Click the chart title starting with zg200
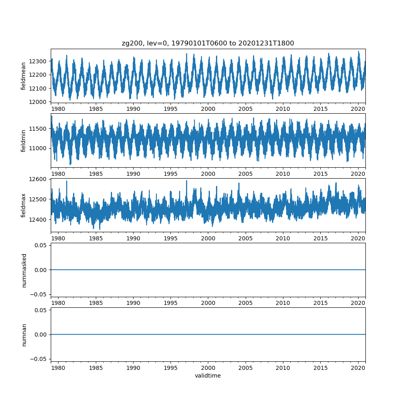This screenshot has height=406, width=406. point(208,43)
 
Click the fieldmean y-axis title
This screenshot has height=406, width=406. point(24,76)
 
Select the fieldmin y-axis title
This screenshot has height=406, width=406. point(24,140)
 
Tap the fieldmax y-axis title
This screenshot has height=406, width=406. point(24,205)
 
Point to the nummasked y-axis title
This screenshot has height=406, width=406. point(24,270)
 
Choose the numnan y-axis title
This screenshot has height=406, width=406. point(24,335)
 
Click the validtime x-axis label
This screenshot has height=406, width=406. point(208,376)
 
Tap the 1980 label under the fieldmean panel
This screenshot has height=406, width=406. point(58,109)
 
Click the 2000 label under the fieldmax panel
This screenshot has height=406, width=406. point(208,238)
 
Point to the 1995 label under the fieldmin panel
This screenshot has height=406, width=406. point(171,173)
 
